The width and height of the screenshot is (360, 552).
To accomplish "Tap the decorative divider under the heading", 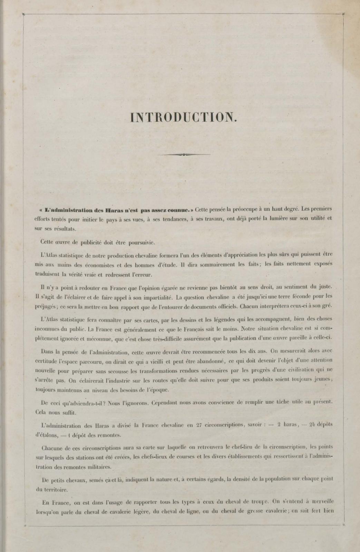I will point(183,154).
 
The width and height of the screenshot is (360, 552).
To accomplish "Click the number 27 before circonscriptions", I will point(198,425).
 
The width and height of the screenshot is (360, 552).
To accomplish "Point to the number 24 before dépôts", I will point(313,425).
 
